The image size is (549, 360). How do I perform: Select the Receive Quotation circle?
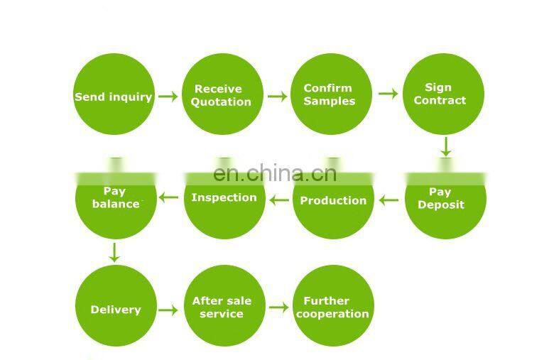223,94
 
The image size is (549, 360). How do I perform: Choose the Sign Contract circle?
443,94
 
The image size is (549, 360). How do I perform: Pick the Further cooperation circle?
332,307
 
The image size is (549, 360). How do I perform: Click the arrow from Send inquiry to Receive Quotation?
168,96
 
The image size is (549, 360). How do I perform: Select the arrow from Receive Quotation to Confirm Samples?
277,96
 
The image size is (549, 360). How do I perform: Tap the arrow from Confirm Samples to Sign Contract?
388,93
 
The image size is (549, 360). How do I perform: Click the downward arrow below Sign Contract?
445,146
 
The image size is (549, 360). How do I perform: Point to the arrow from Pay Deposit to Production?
388,200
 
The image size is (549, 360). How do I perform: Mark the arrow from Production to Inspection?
279,200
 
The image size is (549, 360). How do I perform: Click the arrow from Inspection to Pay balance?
168,197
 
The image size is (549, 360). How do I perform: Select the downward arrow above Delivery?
114,252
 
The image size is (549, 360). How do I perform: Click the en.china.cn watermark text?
275,173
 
